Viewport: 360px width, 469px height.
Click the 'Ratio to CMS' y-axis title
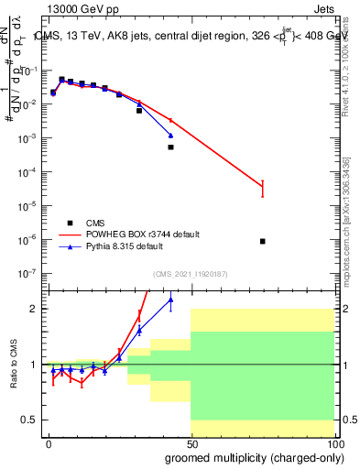(14, 365)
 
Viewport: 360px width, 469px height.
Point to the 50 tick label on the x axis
(191, 443)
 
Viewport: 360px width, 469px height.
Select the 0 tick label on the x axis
(49, 443)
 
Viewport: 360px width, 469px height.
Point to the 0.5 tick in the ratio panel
(29, 420)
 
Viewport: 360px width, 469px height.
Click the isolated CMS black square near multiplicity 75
(263, 241)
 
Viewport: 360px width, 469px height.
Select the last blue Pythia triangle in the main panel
(170, 136)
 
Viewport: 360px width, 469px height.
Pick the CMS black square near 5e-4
(170, 147)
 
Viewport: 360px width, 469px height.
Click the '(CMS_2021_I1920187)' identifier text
(190, 273)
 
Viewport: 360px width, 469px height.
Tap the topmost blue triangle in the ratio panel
(170, 300)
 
